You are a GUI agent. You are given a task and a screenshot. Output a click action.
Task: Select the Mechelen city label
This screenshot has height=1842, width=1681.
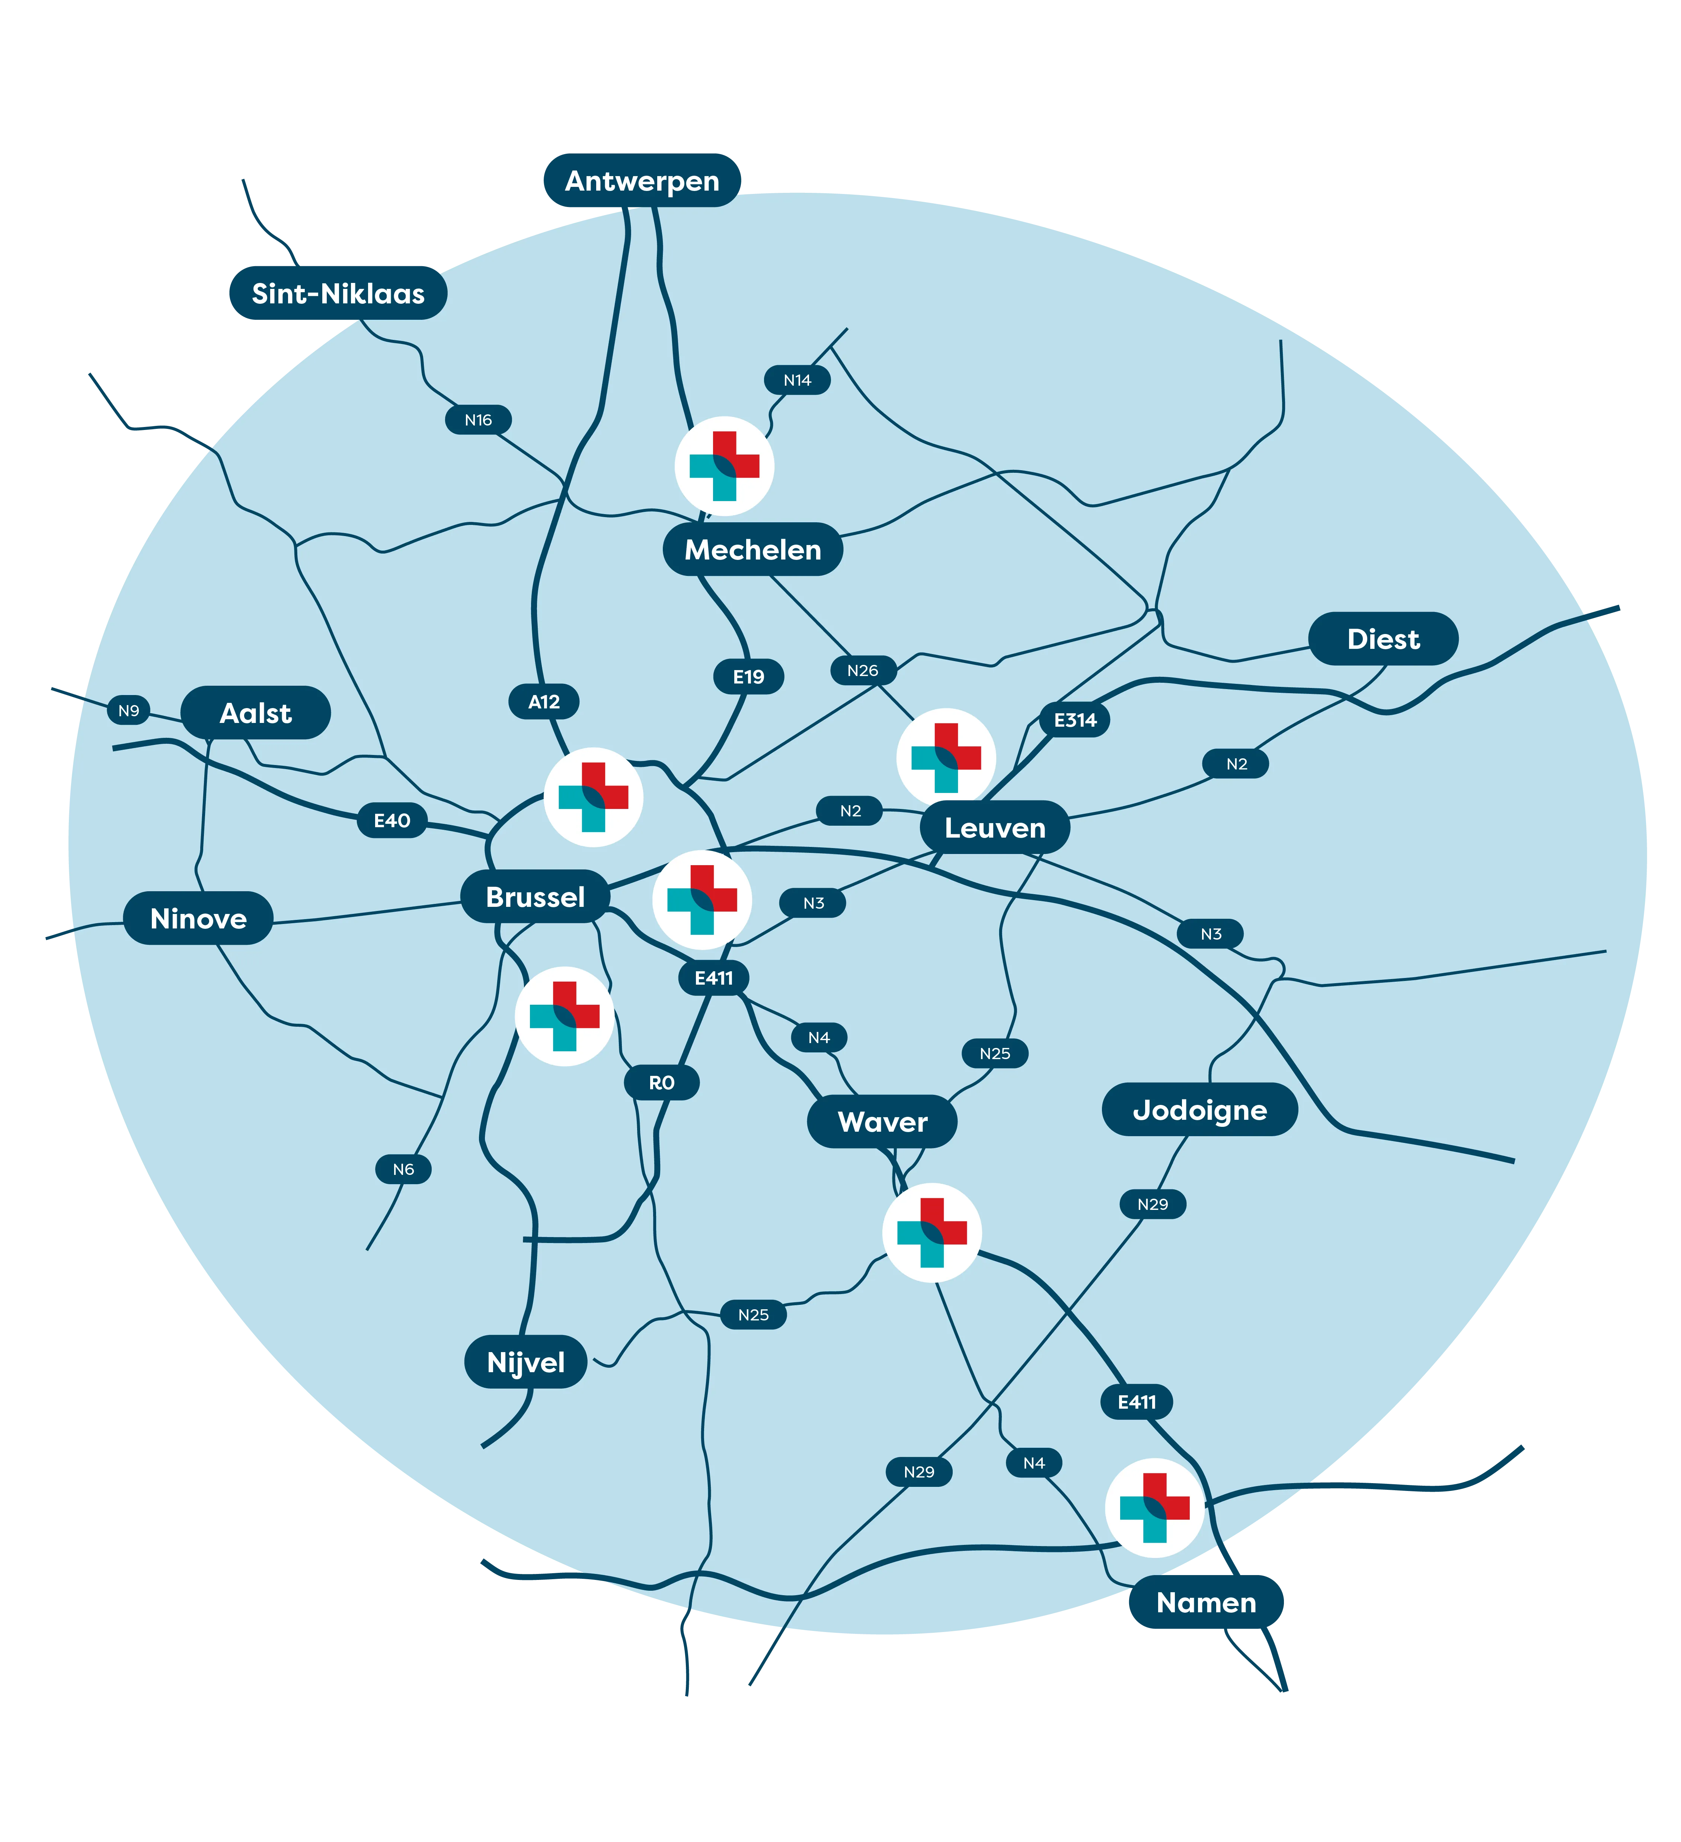tap(753, 549)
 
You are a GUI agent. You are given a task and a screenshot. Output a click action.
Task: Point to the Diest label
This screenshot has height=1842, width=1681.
tap(1383, 639)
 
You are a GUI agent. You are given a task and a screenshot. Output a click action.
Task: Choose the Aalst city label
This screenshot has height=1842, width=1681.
tap(256, 713)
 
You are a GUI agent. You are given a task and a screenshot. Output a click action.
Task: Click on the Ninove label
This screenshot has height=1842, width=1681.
tap(198, 918)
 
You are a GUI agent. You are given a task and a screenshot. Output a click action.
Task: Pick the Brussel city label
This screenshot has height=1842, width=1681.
tap(536, 896)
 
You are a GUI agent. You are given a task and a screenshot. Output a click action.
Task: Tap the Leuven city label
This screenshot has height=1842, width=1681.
tap(995, 828)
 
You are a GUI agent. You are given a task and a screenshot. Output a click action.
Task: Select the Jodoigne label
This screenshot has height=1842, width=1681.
tap(1199, 1109)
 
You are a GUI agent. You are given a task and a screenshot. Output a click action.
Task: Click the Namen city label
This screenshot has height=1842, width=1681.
tap(1206, 1602)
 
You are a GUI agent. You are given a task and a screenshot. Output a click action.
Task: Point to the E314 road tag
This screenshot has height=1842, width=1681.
tap(1075, 720)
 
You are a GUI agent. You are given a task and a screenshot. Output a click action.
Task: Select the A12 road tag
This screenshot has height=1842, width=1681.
tap(544, 702)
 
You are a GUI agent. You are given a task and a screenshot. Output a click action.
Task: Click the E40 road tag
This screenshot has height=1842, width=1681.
tap(392, 820)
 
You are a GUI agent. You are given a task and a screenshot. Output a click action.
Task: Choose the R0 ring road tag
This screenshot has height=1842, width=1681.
tap(661, 1083)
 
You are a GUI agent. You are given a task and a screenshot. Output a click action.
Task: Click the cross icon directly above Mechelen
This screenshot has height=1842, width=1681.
tap(725, 466)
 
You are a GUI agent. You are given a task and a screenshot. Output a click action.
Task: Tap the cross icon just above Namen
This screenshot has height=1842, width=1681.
tap(1155, 1508)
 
